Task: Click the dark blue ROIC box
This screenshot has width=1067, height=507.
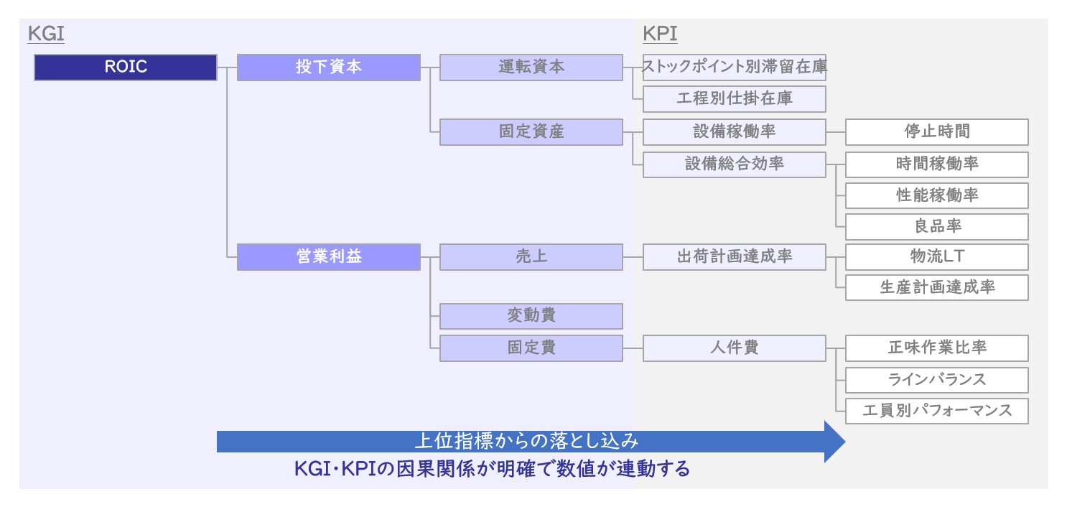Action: click(x=126, y=68)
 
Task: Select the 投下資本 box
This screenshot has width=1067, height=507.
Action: click(x=329, y=68)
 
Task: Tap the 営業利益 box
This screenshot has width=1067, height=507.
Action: click(x=329, y=257)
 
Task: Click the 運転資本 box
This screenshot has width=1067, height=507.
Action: click(x=531, y=68)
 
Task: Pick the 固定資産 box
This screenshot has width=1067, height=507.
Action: click(x=531, y=132)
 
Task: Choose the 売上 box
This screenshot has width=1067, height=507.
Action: click(x=531, y=257)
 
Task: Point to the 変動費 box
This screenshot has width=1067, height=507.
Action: click(x=531, y=316)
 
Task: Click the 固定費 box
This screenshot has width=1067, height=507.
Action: click(x=531, y=348)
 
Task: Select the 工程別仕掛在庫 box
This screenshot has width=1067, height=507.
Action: click(x=735, y=98)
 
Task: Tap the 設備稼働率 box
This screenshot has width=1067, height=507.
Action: click(x=735, y=132)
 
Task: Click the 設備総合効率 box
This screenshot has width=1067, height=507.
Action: click(x=735, y=164)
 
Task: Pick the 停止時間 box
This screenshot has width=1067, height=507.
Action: click(x=937, y=132)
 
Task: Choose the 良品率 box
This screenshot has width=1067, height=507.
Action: click(x=937, y=226)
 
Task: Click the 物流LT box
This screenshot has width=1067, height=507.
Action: click(x=937, y=257)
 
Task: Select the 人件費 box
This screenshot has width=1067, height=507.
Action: click(x=735, y=348)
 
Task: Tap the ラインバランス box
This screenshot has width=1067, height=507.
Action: click(x=937, y=380)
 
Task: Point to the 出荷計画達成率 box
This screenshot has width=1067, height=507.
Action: click(x=735, y=257)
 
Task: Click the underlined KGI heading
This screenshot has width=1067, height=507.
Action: click(x=46, y=34)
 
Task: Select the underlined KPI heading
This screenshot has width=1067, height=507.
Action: click(x=660, y=34)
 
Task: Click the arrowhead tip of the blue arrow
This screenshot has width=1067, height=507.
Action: click(x=846, y=442)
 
